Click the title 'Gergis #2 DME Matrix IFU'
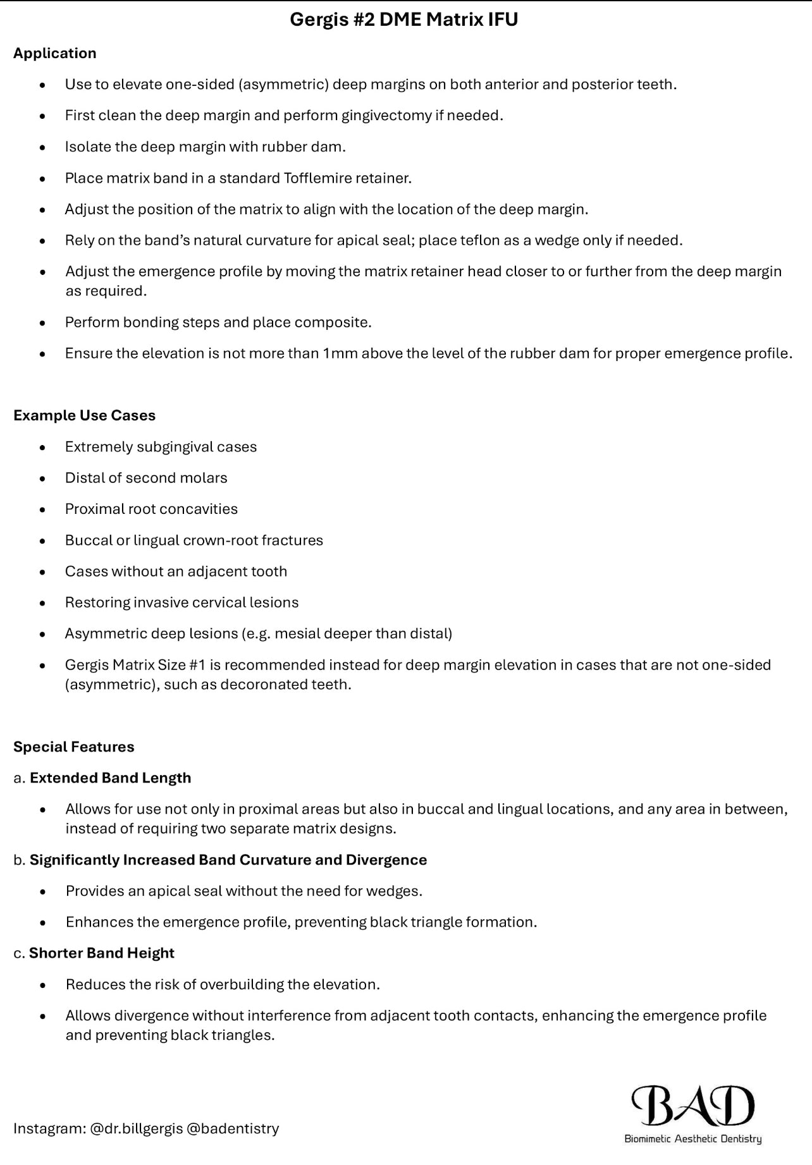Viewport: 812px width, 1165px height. (x=403, y=20)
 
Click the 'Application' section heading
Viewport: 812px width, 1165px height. (x=55, y=53)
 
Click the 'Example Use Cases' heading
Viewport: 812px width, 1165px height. (x=84, y=415)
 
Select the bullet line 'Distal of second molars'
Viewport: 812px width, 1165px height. (x=146, y=478)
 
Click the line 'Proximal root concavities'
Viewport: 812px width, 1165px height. (x=151, y=509)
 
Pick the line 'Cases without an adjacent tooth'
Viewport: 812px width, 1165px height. (x=176, y=571)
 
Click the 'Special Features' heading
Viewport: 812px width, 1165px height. (x=74, y=747)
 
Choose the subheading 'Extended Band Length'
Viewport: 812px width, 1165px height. (x=110, y=778)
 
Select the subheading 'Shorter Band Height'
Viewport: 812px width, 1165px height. (x=101, y=953)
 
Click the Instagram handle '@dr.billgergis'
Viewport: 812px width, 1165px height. (x=136, y=1128)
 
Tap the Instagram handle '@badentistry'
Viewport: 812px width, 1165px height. (x=233, y=1128)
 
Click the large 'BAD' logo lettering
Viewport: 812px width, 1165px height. (x=693, y=1106)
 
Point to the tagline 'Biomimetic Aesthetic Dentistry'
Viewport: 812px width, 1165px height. (x=692, y=1139)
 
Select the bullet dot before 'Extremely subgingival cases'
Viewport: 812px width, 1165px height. (x=42, y=448)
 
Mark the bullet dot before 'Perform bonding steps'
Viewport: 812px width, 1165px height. (x=42, y=323)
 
